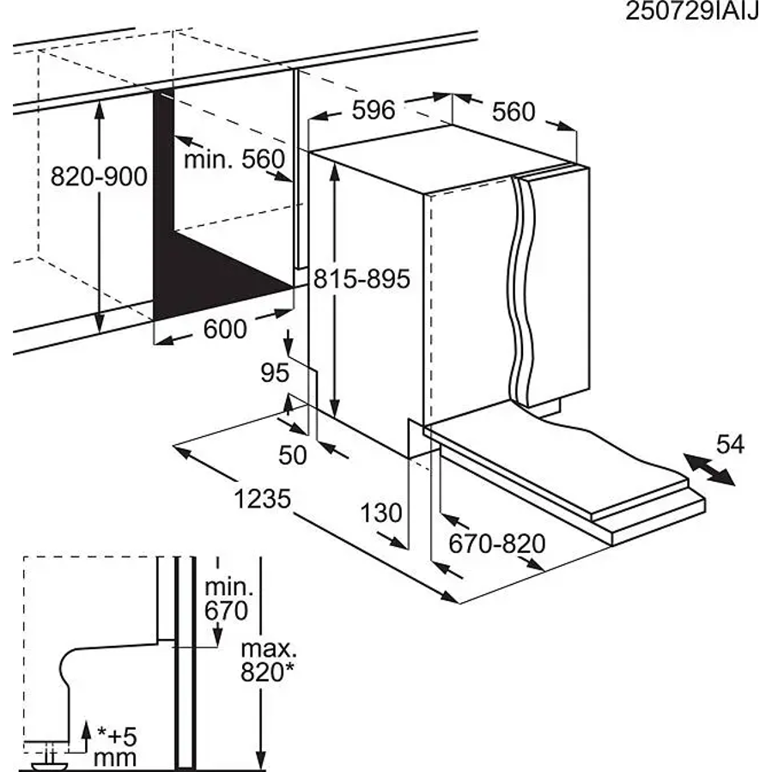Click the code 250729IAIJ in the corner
click(692, 12)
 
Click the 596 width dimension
click(374, 110)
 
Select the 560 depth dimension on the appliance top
click(513, 112)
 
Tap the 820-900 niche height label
click(99, 176)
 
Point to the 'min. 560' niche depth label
click(234, 159)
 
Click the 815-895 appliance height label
click(362, 279)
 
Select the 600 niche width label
click(225, 329)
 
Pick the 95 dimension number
click(275, 373)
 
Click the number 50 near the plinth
click(293, 455)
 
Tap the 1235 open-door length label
click(263, 499)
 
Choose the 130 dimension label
click(381, 513)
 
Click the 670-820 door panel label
click(497, 544)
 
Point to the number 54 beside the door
click(730, 444)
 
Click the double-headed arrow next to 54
click(708, 470)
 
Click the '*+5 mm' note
click(115, 749)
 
